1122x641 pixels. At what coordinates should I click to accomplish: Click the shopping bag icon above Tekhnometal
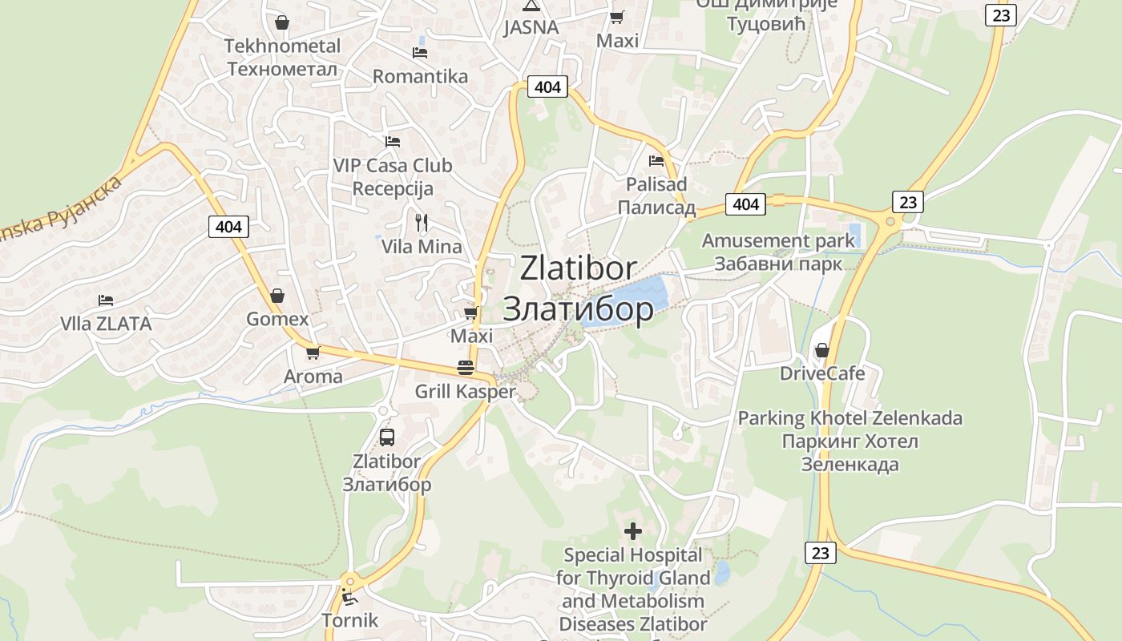click(281, 22)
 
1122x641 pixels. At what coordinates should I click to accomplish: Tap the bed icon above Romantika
click(419, 53)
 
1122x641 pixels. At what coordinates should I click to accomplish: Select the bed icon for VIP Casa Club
click(392, 142)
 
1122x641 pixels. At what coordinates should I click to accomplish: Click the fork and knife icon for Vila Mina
click(422, 223)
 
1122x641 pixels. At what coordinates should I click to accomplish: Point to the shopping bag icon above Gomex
click(276, 296)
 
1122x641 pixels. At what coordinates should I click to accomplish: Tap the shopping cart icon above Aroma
click(313, 353)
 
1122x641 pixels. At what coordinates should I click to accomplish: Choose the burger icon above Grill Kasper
click(465, 368)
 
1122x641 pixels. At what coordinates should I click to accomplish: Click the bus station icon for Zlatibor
click(386, 437)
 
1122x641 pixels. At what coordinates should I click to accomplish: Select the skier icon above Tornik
click(349, 596)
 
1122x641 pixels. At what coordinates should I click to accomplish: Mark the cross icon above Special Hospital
click(633, 530)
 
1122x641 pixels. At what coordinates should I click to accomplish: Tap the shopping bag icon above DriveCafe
click(821, 350)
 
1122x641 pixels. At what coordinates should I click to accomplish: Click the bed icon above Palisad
click(656, 160)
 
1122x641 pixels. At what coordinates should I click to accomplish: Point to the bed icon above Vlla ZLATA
click(106, 300)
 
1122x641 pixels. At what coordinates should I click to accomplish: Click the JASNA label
click(531, 27)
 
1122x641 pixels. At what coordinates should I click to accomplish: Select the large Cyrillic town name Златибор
click(578, 309)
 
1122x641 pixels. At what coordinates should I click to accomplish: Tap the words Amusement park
click(778, 240)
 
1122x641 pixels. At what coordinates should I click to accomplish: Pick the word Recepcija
click(393, 189)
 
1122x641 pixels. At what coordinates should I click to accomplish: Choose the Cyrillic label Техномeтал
click(282, 69)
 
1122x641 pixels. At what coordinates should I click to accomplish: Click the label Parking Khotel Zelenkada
click(850, 418)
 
